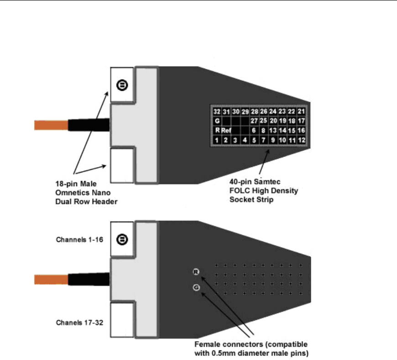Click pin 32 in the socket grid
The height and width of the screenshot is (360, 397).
(217, 112)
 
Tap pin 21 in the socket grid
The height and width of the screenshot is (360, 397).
(301, 112)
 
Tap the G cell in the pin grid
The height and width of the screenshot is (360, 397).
(217, 121)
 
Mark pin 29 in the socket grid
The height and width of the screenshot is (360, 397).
(245, 112)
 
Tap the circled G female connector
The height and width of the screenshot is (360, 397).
(196, 287)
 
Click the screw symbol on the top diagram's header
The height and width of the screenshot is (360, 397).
(122, 85)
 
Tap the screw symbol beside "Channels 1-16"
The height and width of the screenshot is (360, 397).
(122, 239)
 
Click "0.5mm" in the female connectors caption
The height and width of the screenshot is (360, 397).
(249, 353)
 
